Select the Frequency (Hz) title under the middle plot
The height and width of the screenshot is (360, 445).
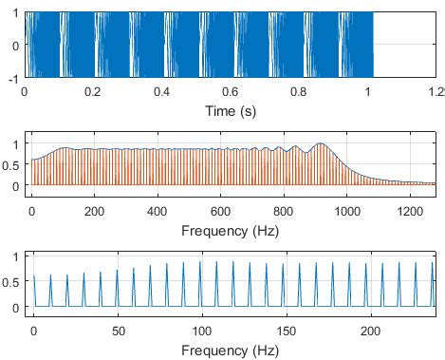pyautogui.click(x=233, y=228)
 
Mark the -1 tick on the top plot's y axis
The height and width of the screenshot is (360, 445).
pyautogui.click(x=13, y=79)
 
